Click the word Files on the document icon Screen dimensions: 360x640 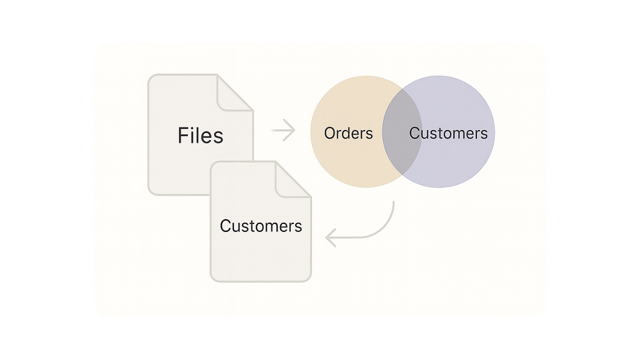[x=200, y=135]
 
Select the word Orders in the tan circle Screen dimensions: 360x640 [x=348, y=133]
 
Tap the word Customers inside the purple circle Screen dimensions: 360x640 [x=448, y=133]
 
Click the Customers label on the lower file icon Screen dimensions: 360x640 [x=260, y=226]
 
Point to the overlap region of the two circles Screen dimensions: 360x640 [x=402, y=132]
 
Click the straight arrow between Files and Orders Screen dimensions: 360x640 [x=283, y=130]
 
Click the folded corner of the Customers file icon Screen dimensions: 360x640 [x=293, y=179]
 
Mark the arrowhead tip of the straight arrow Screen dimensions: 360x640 [x=294, y=130]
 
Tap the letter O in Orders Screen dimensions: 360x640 [x=330, y=133]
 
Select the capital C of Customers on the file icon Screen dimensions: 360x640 [x=225, y=226]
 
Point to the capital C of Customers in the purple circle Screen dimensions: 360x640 [x=415, y=133]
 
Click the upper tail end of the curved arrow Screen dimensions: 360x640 [x=393, y=202]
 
